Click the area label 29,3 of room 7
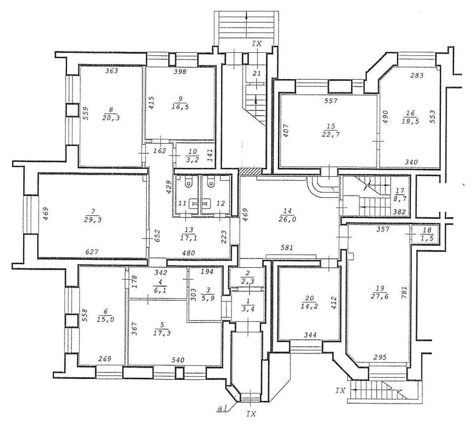93,220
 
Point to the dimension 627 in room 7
92,252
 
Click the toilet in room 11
188,182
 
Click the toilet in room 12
210,182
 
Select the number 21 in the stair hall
257,74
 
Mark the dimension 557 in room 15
331,101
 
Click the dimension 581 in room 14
286,248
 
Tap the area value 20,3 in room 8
111,118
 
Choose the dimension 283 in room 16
417,75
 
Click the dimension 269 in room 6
105,359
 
